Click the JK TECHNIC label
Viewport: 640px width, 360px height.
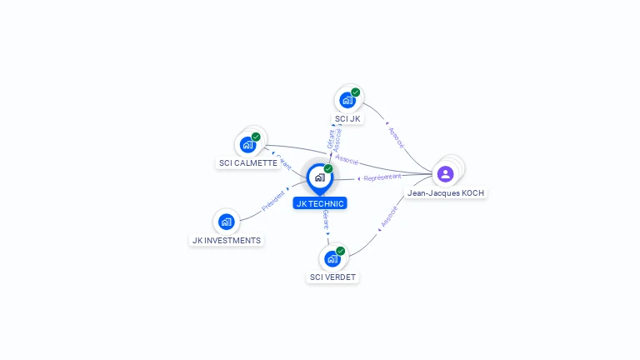(x=320, y=203)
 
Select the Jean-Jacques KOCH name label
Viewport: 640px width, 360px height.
(x=446, y=192)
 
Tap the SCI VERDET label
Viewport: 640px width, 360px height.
(x=333, y=277)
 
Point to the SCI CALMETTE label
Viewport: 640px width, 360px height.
(x=247, y=163)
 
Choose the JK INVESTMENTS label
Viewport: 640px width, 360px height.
(x=226, y=240)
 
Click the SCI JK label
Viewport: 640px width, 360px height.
(x=347, y=118)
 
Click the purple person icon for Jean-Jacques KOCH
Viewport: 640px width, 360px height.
(x=446, y=173)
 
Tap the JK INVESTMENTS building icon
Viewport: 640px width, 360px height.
(x=226, y=222)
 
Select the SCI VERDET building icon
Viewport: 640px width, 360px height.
(x=332, y=258)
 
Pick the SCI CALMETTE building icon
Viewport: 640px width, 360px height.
(x=247, y=145)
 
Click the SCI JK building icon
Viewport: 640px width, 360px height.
(x=347, y=100)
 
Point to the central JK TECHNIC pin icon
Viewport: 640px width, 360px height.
(x=320, y=177)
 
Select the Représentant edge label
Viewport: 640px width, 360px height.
(x=382, y=177)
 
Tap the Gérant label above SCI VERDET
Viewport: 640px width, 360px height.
(x=326, y=221)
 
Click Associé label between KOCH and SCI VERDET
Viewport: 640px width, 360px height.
(x=388, y=217)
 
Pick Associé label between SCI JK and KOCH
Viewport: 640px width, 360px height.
(x=396, y=137)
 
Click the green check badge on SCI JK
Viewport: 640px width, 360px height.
(x=356, y=92)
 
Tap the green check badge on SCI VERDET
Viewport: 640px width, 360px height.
(x=341, y=251)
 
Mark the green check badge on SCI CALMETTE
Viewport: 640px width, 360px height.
(x=256, y=137)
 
